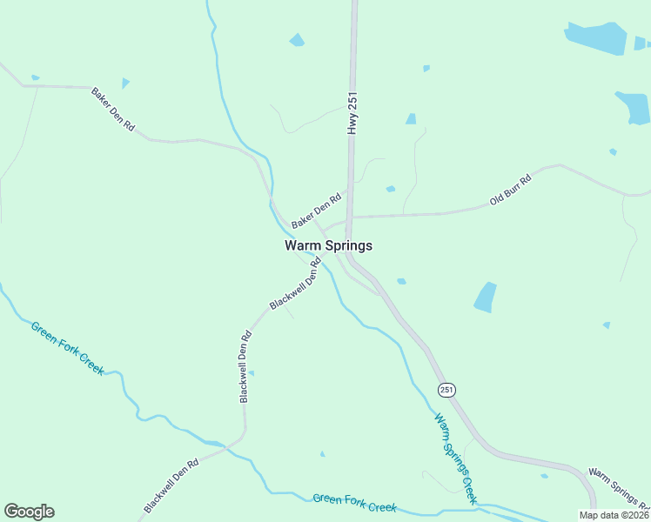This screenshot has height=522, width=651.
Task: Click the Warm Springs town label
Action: click(x=328, y=245)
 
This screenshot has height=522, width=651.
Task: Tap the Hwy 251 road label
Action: click(x=352, y=113)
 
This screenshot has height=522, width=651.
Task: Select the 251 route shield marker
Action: click(x=446, y=390)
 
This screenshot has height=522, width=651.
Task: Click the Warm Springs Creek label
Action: click(x=455, y=458)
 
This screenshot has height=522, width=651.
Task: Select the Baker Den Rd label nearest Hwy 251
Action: click(x=316, y=211)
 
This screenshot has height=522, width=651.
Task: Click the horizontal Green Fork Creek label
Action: click(x=354, y=502)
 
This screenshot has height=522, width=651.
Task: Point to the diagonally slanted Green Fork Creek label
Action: click(x=67, y=348)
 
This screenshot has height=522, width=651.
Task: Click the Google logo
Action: click(x=29, y=512)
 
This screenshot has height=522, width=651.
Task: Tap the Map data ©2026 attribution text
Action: click(x=614, y=515)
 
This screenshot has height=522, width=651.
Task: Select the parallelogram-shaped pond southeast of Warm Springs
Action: click(x=485, y=298)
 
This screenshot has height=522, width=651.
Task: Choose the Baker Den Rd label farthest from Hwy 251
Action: click(x=113, y=109)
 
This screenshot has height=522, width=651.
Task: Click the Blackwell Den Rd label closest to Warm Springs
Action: click(x=296, y=284)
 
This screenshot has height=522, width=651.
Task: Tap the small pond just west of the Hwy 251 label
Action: click(x=297, y=40)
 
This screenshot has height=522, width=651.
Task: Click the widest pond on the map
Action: click(x=595, y=37)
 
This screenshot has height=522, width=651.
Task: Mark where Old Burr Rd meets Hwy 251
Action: click(x=349, y=216)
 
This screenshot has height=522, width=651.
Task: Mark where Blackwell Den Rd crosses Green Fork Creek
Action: click(x=228, y=445)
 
